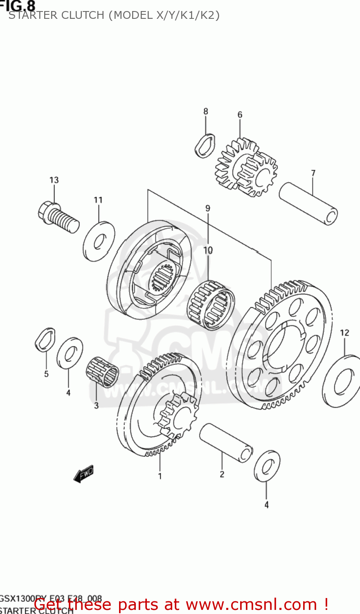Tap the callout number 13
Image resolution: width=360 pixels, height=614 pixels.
click(x=54, y=180)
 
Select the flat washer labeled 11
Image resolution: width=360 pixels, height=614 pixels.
click(x=99, y=242)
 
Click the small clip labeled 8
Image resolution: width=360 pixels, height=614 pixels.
click(x=205, y=145)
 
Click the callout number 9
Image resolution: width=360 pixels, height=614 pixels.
click(x=208, y=208)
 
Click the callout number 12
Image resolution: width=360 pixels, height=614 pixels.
click(x=344, y=333)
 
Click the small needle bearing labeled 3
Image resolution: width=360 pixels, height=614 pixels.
click(x=102, y=371)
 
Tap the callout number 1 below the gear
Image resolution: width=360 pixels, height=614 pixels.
click(x=160, y=476)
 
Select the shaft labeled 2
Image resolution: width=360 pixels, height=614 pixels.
click(x=225, y=443)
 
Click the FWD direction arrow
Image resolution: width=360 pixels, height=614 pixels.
click(x=84, y=474)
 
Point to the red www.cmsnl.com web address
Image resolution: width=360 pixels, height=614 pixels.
click(x=251, y=605)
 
